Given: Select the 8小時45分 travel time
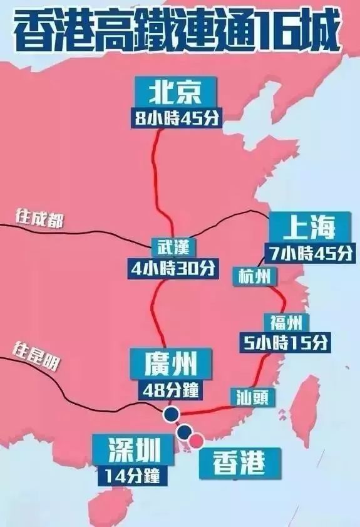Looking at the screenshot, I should [177, 118].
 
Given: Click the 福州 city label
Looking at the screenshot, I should [287, 323].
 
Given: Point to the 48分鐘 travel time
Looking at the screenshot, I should [170, 389].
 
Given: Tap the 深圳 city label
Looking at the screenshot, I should [130, 450].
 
